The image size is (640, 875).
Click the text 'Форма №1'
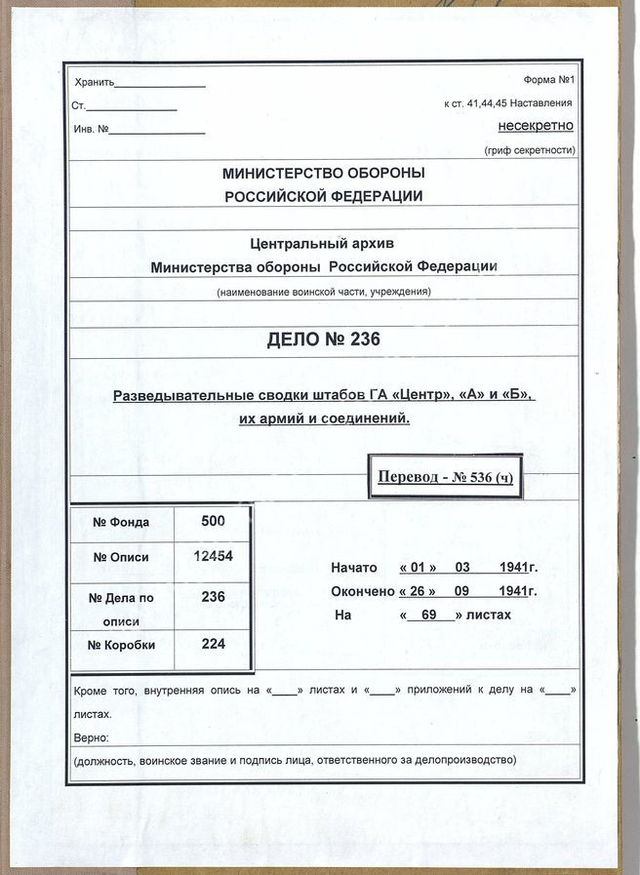click(x=550, y=79)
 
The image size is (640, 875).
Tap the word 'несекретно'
click(x=536, y=126)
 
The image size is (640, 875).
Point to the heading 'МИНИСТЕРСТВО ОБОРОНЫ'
click(x=324, y=174)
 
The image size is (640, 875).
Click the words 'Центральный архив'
click(x=323, y=243)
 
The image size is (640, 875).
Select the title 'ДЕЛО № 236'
click(x=323, y=339)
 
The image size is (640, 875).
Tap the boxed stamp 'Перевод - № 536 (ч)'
click(x=444, y=477)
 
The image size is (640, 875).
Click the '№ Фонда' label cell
click(x=121, y=522)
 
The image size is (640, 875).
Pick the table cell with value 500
click(x=213, y=521)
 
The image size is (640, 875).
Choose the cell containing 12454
click(x=213, y=555)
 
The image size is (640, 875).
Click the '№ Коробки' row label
click(x=121, y=644)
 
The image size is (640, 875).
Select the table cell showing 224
click(x=213, y=644)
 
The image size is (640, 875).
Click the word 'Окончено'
click(x=362, y=591)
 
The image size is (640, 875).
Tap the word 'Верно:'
click(x=92, y=737)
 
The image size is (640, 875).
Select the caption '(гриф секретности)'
click(x=530, y=150)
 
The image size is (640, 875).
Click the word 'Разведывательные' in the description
click(x=178, y=396)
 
